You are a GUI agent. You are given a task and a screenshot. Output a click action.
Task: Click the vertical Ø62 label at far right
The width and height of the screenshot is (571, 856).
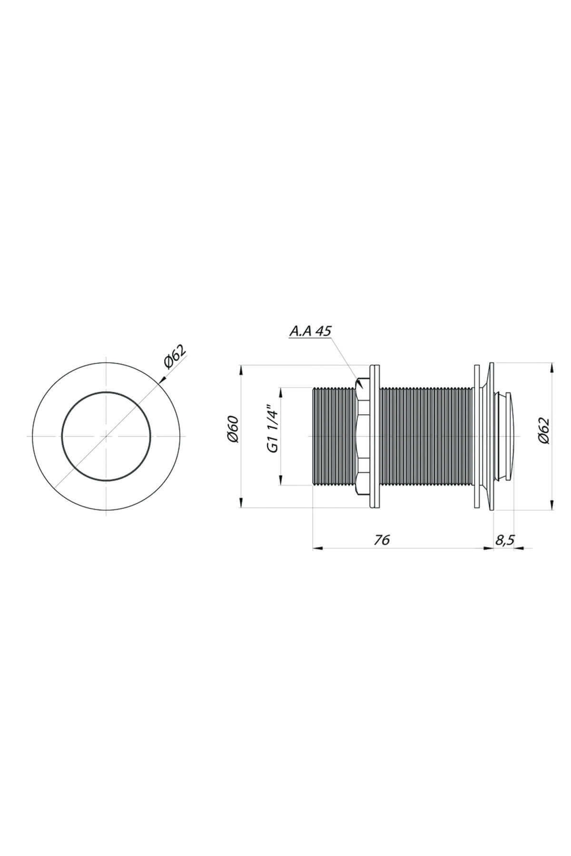(544, 431)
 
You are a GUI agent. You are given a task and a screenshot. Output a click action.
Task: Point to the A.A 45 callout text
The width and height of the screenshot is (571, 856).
(310, 331)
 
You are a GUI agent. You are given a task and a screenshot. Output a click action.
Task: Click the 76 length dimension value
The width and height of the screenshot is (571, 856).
(382, 540)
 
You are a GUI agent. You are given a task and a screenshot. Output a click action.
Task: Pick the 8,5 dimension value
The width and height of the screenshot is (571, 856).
(504, 540)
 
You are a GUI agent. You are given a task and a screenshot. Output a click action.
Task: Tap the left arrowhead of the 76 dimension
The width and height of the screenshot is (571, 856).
(317, 548)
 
